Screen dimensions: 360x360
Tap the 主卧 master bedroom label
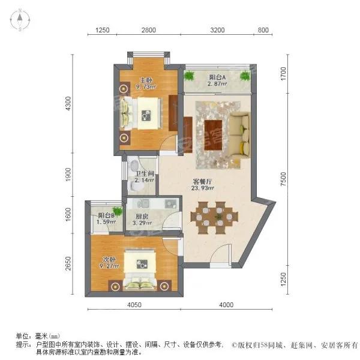(146, 80)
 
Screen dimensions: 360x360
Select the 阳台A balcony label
(217, 77)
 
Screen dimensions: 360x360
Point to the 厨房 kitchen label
(142, 218)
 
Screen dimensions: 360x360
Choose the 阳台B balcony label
(107, 216)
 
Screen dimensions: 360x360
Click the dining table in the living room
(212, 215)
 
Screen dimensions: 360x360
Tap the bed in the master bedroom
(140, 112)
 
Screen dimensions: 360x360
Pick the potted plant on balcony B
(118, 211)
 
